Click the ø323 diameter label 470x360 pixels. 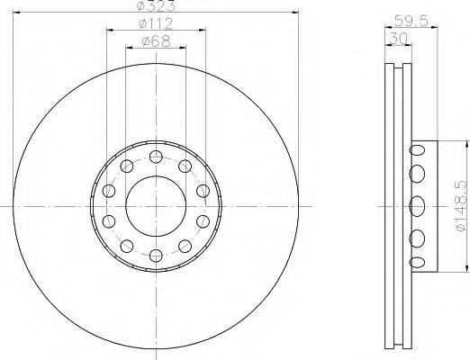point(156,6)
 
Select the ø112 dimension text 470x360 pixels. point(156,23)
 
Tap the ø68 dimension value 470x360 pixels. point(156,41)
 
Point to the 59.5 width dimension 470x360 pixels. point(411,21)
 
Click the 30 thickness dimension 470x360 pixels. point(398,39)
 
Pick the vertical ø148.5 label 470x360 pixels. point(461,205)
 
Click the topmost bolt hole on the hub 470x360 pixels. point(156,157)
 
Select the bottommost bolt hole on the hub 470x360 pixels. point(156,256)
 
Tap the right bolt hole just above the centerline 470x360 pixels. point(203,191)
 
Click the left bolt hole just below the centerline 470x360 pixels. point(109,221)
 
